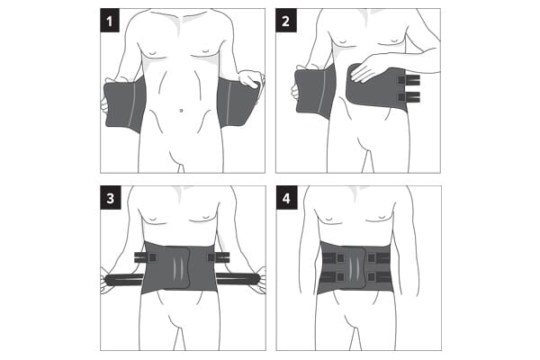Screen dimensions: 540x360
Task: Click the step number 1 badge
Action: (x=110, y=21)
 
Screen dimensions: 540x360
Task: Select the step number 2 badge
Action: (x=286, y=21)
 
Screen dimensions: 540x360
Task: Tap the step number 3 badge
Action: (x=111, y=198)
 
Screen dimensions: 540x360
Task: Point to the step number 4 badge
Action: (x=286, y=198)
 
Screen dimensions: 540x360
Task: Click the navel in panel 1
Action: (x=181, y=111)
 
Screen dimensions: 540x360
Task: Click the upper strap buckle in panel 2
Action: (x=409, y=80)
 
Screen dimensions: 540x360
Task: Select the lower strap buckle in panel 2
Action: (x=409, y=97)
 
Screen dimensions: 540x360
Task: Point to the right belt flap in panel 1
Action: (x=238, y=103)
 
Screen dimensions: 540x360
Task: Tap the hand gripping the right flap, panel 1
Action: (x=251, y=78)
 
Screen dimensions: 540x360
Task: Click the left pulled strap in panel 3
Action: (x=124, y=280)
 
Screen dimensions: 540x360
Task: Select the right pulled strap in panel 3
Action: (x=238, y=279)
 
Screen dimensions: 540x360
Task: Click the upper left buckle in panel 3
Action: (x=146, y=257)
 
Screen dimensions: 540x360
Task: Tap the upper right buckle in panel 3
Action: (x=219, y=256)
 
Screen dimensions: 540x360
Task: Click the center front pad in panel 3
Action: (x=177, y=267)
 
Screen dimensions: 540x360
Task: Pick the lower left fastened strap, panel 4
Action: (x=333, y=276)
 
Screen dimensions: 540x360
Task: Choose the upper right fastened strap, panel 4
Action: (x=379, y=258)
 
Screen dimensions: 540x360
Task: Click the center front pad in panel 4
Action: (x=353, y=267)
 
